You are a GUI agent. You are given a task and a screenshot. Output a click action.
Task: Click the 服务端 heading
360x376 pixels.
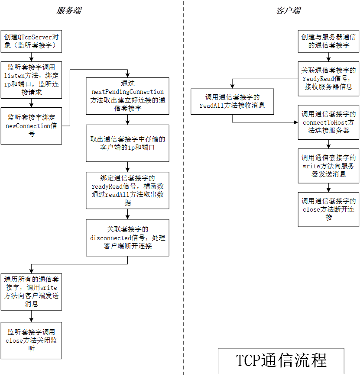69,10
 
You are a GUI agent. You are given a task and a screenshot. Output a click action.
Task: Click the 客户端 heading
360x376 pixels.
288,10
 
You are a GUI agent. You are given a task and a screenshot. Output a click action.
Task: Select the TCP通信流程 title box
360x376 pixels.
281,361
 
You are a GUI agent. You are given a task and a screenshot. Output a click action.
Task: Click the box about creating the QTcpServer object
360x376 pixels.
31,41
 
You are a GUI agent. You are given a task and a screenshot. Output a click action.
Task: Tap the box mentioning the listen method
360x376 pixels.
31,80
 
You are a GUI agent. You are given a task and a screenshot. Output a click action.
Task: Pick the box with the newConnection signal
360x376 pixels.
31,126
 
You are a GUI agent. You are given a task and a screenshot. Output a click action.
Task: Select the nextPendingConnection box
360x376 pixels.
127,96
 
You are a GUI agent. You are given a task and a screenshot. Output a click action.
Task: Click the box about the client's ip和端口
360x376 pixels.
127,143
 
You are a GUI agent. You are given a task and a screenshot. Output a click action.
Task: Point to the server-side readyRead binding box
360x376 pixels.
127,190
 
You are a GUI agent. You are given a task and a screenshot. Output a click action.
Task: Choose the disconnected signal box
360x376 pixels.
127,238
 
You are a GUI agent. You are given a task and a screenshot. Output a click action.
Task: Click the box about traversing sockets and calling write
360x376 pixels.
31,292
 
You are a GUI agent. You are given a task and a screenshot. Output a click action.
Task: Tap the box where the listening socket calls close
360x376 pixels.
31,341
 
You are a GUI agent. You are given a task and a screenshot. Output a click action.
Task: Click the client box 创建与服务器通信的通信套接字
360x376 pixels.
328,41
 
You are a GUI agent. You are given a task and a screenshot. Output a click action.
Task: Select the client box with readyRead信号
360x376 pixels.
328,79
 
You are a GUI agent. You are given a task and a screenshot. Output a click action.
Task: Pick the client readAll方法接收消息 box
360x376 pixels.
232,101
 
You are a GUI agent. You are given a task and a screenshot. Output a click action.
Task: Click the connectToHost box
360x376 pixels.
328,122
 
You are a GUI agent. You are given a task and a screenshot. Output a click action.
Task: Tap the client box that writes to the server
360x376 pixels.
328,166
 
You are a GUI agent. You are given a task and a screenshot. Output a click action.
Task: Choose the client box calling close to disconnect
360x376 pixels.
328,209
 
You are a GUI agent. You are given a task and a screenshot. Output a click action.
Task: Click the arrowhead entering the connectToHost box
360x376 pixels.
296,122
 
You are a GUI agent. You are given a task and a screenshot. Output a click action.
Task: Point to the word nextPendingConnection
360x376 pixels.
127,92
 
